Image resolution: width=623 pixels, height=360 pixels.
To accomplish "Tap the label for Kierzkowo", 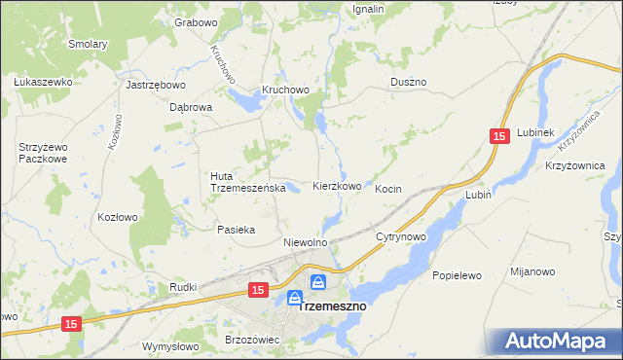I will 338,186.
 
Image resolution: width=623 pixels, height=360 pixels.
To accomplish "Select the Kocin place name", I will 388,189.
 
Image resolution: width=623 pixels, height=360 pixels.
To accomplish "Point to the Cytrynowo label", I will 402,236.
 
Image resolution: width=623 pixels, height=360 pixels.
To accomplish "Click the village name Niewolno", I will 304,241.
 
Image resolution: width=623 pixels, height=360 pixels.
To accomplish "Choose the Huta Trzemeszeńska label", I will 247,182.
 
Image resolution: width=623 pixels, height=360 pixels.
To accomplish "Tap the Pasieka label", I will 236,230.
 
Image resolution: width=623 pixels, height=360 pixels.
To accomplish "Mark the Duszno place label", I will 408,83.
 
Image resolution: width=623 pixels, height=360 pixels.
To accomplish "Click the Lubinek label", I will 535,132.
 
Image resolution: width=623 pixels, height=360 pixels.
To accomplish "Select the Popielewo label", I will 458,275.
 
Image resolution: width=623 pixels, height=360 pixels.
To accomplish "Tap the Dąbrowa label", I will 191,108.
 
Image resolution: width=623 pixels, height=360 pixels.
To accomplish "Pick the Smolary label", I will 88,44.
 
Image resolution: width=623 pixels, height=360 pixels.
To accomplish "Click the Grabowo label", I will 195,21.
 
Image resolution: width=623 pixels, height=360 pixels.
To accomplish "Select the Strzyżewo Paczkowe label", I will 42,153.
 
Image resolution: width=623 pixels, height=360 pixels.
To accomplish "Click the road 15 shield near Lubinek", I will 499,138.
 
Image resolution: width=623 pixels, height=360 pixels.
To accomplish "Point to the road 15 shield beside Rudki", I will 257,290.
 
